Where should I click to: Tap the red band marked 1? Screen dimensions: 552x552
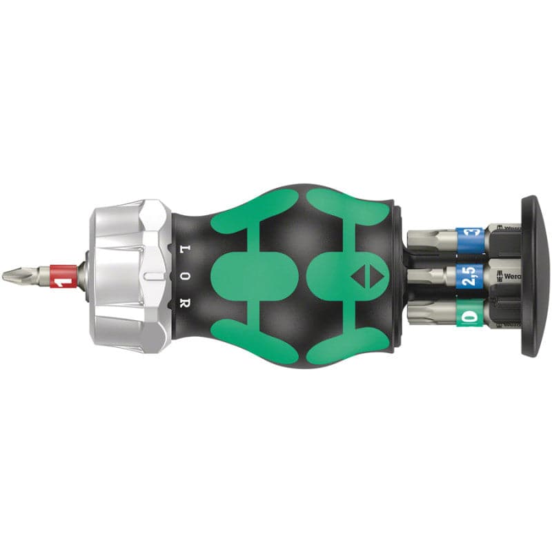point(63,275)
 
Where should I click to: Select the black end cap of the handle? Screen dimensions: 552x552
point(532,276)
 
